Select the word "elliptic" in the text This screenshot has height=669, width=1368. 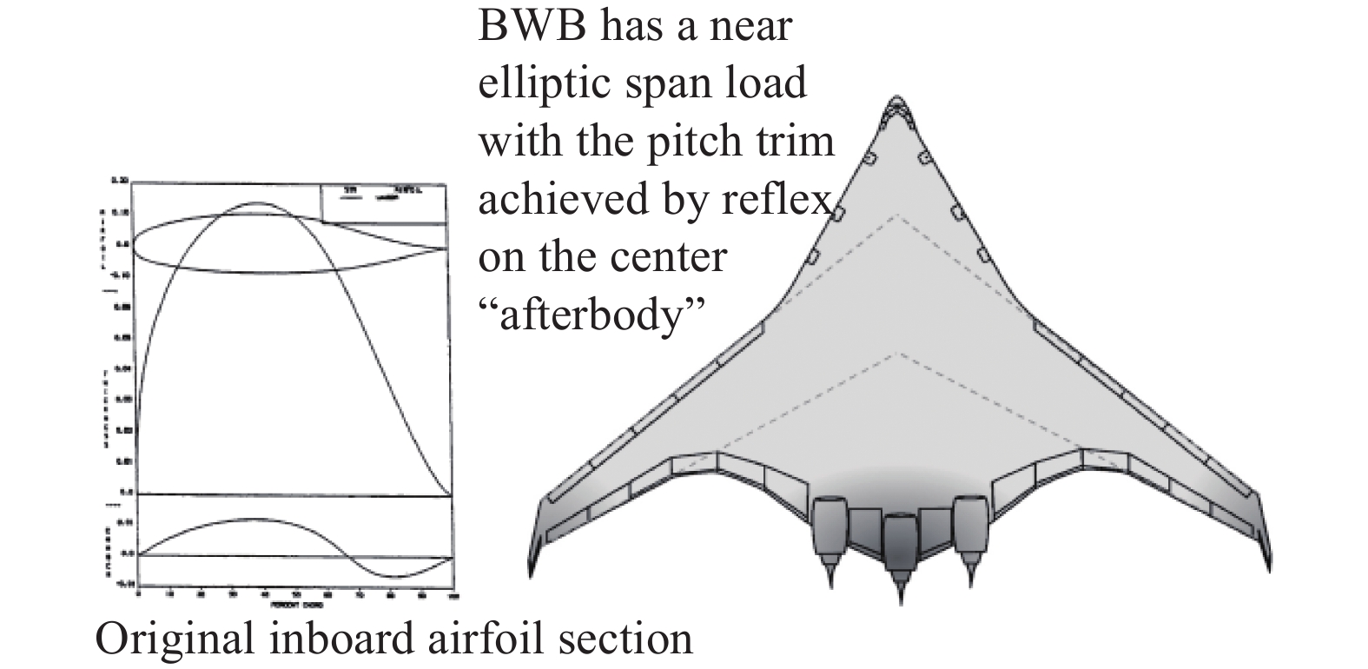[x=547, y=84]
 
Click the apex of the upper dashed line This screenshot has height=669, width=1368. [x=899, y=215]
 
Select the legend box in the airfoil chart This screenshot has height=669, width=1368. [x=383, y=202]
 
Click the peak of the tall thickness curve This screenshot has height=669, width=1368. [x=255, y=203]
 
